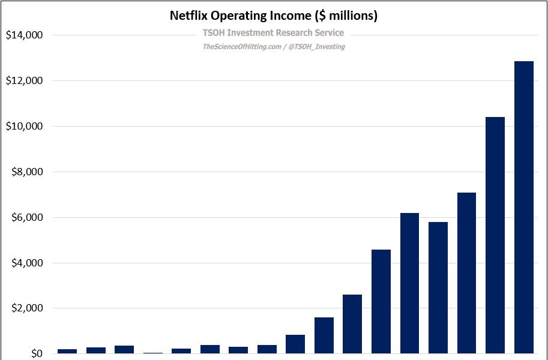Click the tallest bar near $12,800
(x=523, y=207)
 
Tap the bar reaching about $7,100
(x=466, y=273)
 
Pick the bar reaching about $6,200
(x=409, y=283)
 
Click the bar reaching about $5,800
(x=438, y=288)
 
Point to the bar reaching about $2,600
(x=352, y=324)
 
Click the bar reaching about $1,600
(x=324, y=335)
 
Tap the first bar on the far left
(x=67, y=351)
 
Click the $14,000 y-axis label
(x=24, y=35)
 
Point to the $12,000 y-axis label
(x=24, y=81)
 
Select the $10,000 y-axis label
(x=24, y=127)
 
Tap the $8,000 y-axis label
(x=26, y=172)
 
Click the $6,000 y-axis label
(x=26, y=218)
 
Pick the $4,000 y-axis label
(x=26, y=263)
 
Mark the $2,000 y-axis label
(x=26, y=308)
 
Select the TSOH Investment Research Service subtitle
(x=273, y=33)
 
